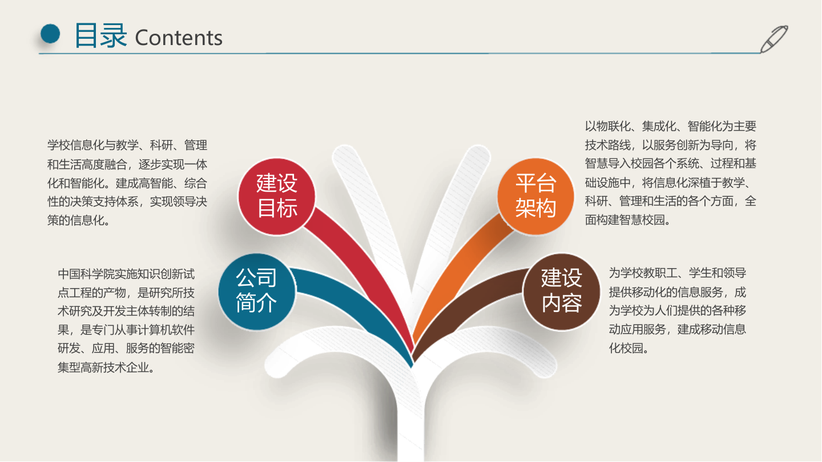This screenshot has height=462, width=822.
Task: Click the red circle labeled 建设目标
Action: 277,196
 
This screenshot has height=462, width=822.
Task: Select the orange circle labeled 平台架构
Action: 535,196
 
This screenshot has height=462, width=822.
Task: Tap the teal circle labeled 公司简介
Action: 257,291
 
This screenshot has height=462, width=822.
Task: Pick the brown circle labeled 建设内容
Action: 562,291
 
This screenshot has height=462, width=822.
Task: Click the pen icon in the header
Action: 774,38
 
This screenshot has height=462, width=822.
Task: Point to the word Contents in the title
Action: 179,38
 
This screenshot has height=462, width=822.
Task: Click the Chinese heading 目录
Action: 100,35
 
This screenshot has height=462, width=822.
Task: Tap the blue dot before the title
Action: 51,34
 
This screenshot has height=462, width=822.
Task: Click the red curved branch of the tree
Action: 365,268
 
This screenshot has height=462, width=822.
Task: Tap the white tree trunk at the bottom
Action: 412,422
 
